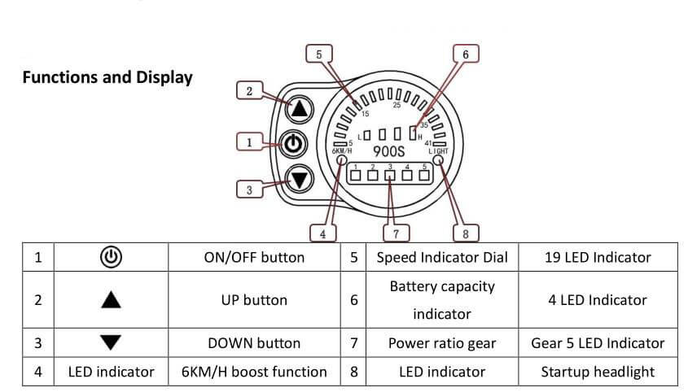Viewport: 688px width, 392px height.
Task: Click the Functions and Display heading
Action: tap(107, 78)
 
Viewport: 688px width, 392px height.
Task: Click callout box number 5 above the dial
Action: tap(318, 54)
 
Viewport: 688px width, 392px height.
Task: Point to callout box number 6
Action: tap(465, 54)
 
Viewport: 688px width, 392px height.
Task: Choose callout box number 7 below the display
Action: tap(396, 233)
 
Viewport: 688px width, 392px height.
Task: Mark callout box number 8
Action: tap(465, 233)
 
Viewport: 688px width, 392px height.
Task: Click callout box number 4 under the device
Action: tap(323, 233)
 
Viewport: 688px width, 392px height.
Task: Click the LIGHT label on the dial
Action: tap(438, 151)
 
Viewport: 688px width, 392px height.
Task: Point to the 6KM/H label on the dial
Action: tap(341, 151)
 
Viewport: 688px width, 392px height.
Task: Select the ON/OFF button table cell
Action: tap(254, 257)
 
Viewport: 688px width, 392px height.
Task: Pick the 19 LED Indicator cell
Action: tap(598, 257)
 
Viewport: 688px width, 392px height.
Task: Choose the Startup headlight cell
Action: tap(598, 372)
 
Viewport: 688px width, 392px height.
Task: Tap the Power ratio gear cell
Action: tap(442, 343)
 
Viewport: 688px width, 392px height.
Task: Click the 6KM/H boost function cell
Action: tap(254, 372)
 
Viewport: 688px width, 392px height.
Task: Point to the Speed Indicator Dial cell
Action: tap(442, 257)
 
